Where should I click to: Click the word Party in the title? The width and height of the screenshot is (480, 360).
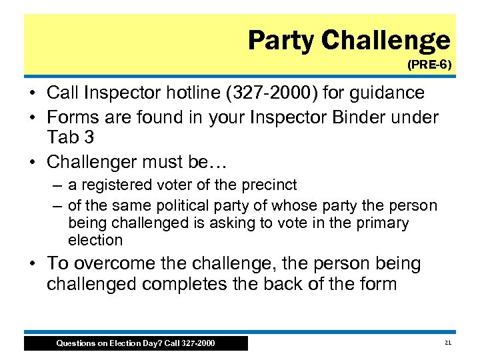click(x=281, y=41)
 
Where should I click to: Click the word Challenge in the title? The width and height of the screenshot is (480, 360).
click(x=387, y=41)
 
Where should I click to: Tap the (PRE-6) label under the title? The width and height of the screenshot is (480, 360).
click(x=429, y=65)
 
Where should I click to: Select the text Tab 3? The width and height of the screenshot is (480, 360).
click(x=71, y=137)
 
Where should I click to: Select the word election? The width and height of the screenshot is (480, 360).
click(x=95, y=240)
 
